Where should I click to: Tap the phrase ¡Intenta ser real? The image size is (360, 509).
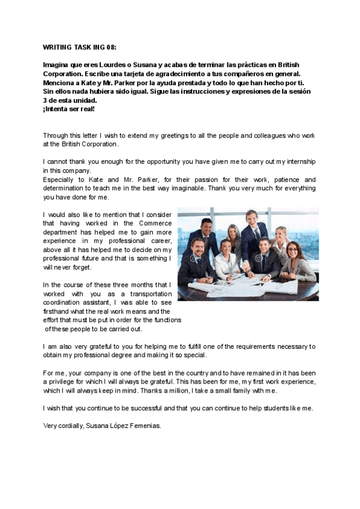coord(68,109)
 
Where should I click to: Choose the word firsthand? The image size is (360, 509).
coord(58,312)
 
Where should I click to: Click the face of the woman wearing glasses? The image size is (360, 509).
coord(292,251)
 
